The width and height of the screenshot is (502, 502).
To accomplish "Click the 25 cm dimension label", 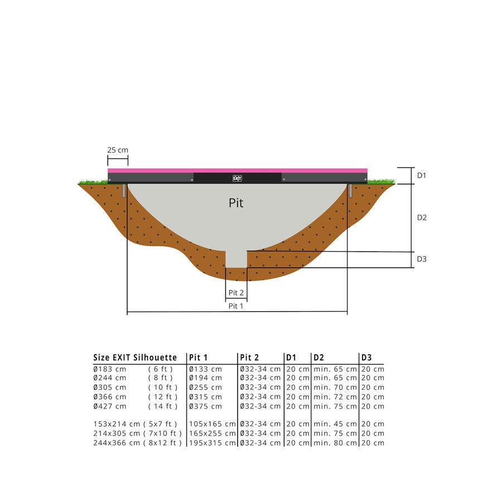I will tap(118, 150).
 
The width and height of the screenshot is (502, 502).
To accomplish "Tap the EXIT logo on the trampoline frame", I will tap(237, 178).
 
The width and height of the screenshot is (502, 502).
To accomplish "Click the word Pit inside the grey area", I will tap(236, 203).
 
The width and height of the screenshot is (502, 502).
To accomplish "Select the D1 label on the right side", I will tap(422, 175).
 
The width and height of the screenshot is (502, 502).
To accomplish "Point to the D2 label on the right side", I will tap(422, 218).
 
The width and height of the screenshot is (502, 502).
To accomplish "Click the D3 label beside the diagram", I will tap(422, 259).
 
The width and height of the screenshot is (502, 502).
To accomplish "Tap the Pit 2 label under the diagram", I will tap(236, 293).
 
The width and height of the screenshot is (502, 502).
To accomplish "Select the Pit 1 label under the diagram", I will tap(236, 306).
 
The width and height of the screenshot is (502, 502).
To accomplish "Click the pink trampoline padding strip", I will tap(237, 170).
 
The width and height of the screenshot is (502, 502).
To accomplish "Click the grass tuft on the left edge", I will tap(93, 181).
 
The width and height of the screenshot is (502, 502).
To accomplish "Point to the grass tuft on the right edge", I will tap(382, 181).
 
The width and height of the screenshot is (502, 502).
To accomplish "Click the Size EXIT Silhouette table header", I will tap(135, 358).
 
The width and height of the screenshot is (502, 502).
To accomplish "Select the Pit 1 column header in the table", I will tap(199, 358).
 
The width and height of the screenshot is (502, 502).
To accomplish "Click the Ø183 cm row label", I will tap(110, 369).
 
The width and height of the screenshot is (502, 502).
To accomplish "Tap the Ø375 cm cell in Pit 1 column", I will tap(205, 406).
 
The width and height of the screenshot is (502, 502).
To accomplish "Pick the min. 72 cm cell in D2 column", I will tap(335, 397).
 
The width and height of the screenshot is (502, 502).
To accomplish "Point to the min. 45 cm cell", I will tap(335, 424).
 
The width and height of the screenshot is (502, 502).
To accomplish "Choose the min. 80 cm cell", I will tap(335, 443).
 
